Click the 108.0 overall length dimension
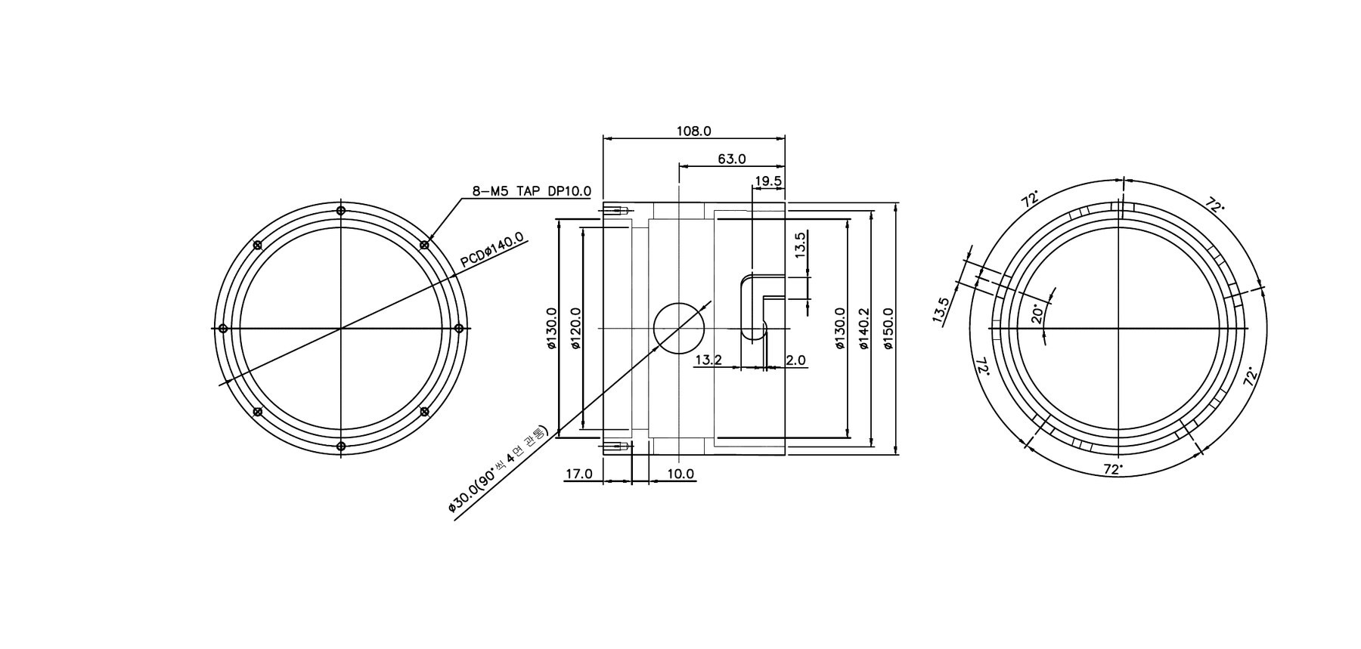pos(693,131)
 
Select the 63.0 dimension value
pos(732,159)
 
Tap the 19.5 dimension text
pos(768,181)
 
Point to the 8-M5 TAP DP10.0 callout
pos(532,191)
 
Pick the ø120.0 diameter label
pos(575,329)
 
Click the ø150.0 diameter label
pos(888,329)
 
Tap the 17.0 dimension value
pos(579,474)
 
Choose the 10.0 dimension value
pos(680,474)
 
